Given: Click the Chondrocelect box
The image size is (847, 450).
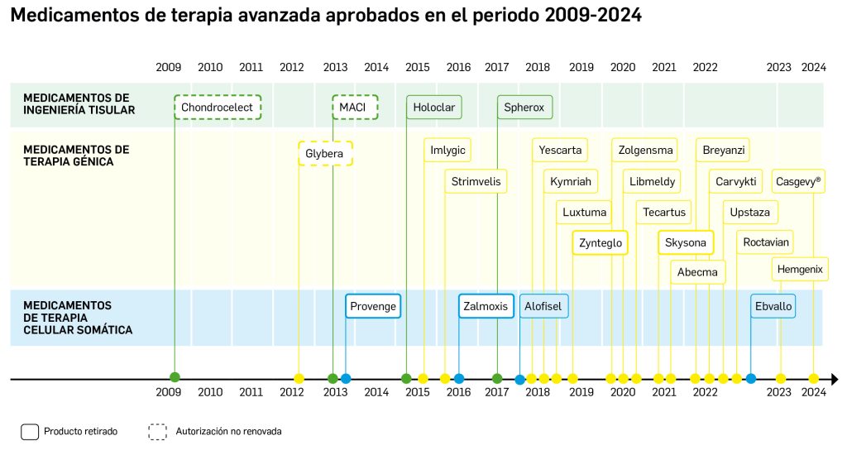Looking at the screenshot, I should [x=218, y=108].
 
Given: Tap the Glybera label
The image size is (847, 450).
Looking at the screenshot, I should [x=324, y=154].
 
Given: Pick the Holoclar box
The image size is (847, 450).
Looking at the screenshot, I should [x=433, y=108].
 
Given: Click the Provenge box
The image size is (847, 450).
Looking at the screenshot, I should [x=373, y=306].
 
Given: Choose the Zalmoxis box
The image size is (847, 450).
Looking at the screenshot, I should [x=486, y=306].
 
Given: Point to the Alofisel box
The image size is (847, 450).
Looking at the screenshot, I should [x=543, y=306].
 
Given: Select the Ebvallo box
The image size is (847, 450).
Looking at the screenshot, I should [x=773, y=306].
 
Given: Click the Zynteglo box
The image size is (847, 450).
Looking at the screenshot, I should [x=601, y=243].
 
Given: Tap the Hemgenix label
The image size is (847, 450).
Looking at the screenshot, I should [x=802, y=269].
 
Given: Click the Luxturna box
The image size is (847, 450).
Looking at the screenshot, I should [x=585, y=212].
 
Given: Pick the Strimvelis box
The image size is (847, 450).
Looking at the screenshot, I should [x=476, y=181].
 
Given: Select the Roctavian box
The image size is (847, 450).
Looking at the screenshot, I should [x=766, y=242].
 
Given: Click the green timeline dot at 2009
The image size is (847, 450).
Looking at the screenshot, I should [x=175, y=378].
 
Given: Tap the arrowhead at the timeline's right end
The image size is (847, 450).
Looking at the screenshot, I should [x=834, y=379].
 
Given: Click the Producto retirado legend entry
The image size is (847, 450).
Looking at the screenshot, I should [x=69, y=431].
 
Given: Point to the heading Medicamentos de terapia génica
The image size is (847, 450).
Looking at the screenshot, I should [x=76, y=156].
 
